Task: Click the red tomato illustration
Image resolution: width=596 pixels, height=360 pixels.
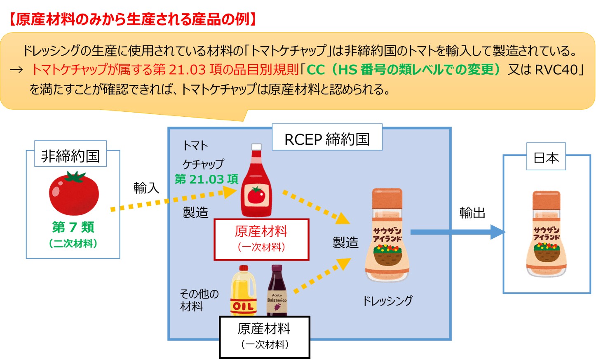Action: (74, 193)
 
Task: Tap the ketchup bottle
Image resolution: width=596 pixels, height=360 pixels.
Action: (256, 184)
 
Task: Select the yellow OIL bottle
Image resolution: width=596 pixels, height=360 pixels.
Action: (243, 291)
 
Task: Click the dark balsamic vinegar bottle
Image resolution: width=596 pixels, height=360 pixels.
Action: (277, 291)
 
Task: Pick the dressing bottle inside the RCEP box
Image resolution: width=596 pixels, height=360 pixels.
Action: (387, 235)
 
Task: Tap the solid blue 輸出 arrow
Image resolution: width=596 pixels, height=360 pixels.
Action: (458, 232)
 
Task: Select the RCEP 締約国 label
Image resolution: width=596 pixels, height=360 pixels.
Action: (327, 139)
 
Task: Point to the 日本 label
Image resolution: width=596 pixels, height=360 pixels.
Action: (546, 158)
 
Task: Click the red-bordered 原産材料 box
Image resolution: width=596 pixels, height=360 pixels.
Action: (261, 239)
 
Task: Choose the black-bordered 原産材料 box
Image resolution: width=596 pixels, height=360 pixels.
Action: (264, 336)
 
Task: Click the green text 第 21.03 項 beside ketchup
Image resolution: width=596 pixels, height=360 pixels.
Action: (206, 179)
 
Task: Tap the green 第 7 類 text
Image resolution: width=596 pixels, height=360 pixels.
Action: (73, 227)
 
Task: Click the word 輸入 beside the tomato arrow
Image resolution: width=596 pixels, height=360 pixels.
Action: (146, 188)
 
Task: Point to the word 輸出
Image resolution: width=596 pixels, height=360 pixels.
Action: (472, 213)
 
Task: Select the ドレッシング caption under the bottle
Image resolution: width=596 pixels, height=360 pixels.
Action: (387, 301)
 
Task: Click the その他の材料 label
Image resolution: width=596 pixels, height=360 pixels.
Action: (199, 300)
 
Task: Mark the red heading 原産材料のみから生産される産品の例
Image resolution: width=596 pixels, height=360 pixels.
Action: (132, 19)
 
